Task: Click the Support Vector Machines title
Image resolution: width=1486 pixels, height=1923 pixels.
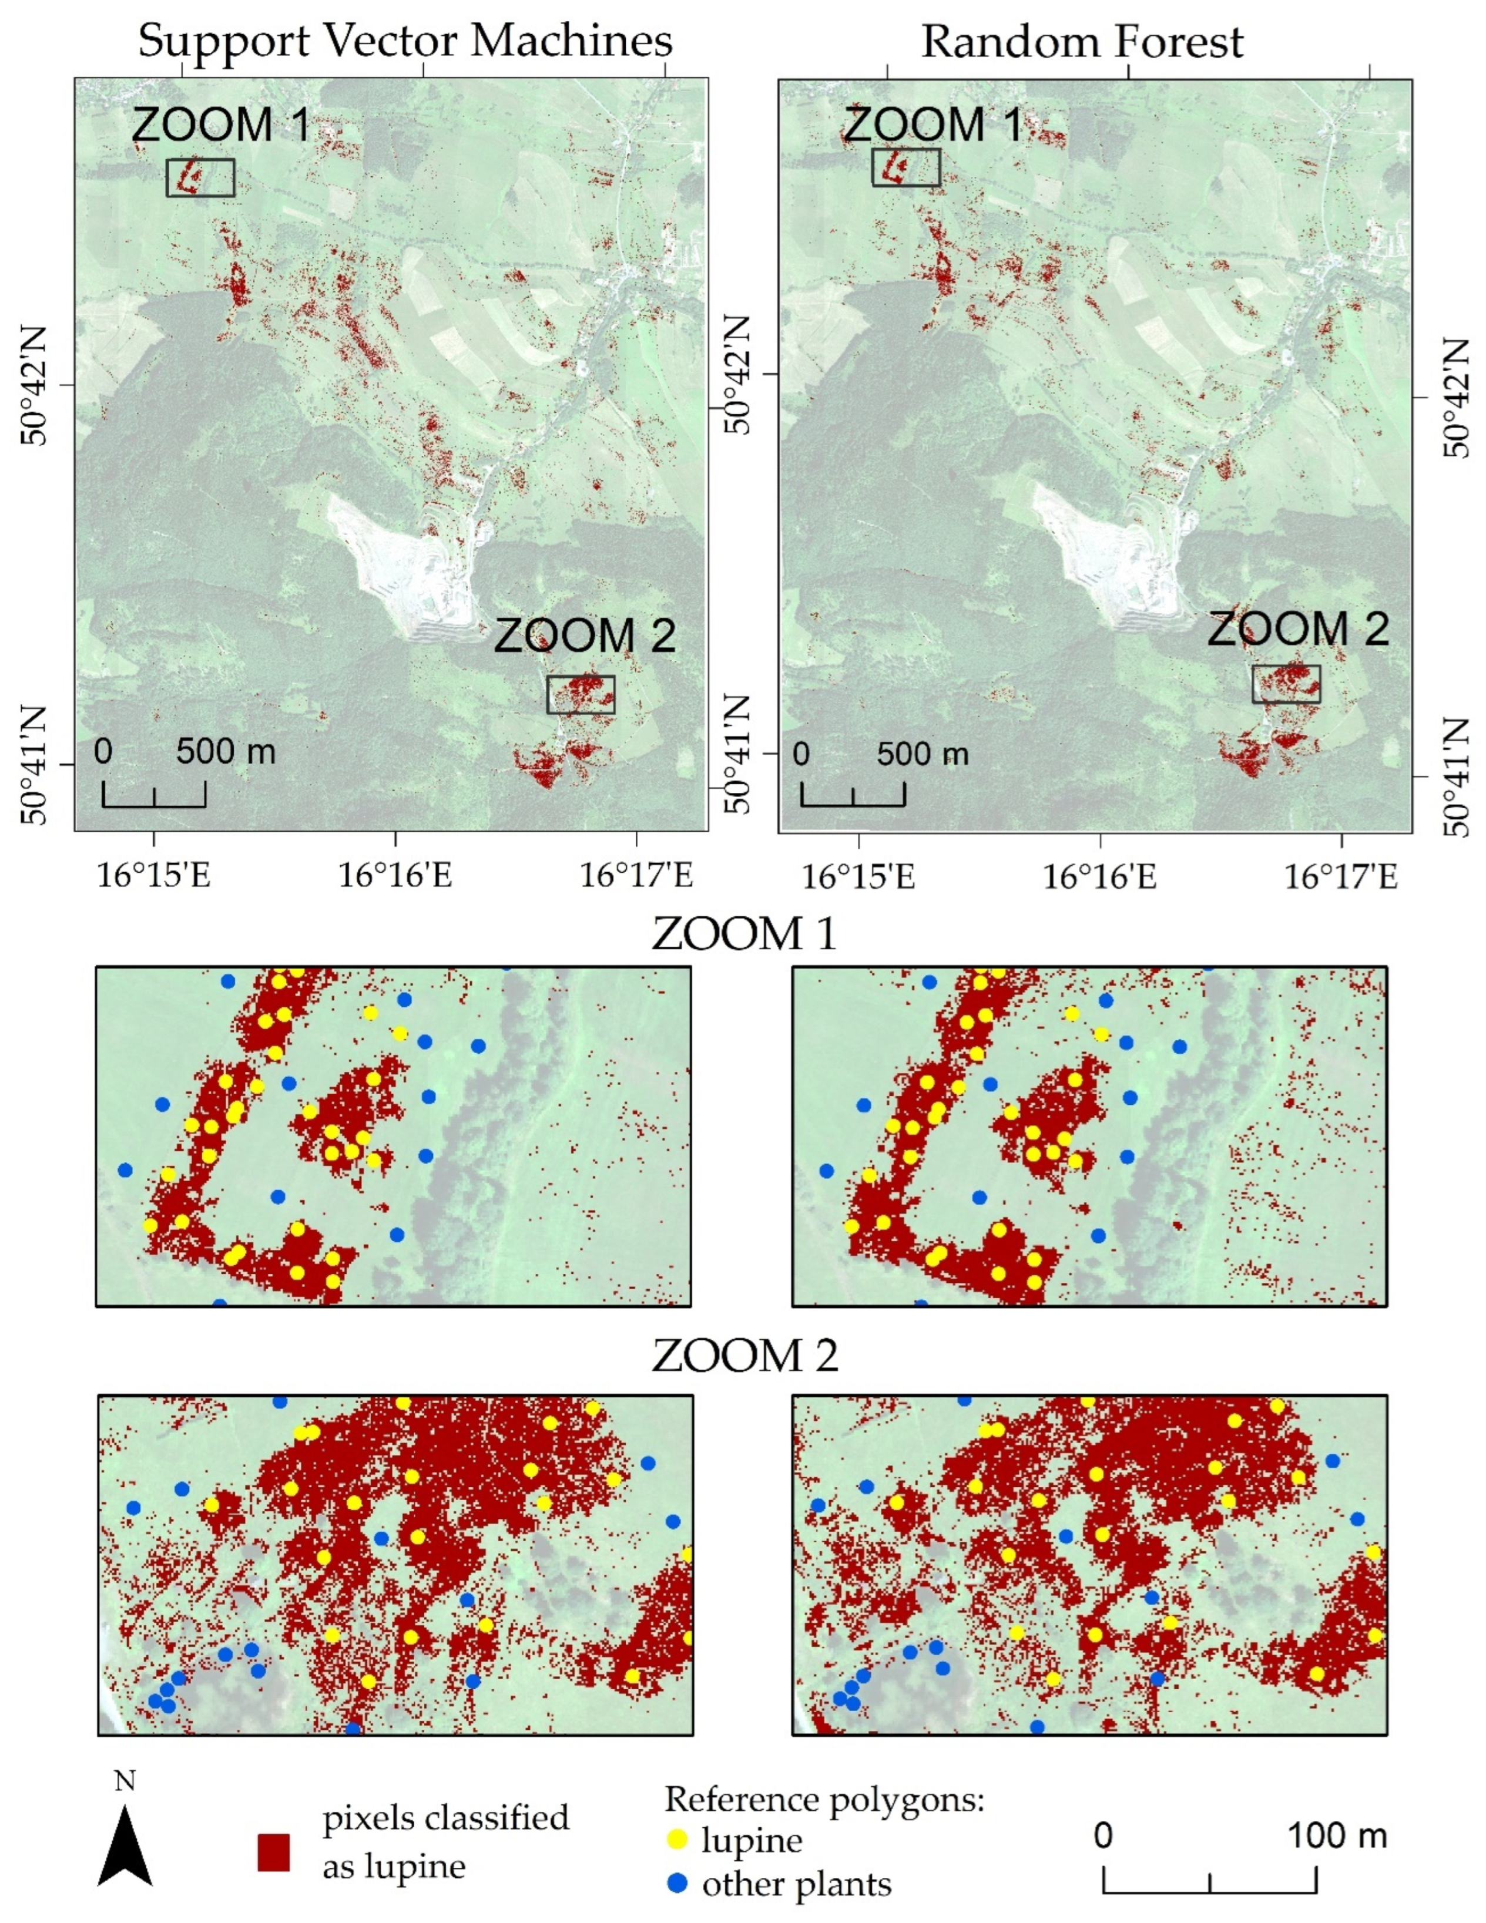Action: pos(405,41)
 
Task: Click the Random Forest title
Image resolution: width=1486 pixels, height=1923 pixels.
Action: pos(1082,41)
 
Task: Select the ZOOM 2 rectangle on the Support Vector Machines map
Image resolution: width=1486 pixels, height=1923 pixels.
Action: pos(581,695)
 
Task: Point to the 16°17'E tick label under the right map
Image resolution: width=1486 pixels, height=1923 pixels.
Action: pos(1341,877)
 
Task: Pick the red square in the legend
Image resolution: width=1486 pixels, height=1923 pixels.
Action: pos(274,1851)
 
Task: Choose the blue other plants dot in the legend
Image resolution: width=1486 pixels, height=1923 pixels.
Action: pos(676,1884)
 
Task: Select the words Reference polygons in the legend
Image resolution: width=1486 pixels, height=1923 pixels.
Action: pos(824,1799)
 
